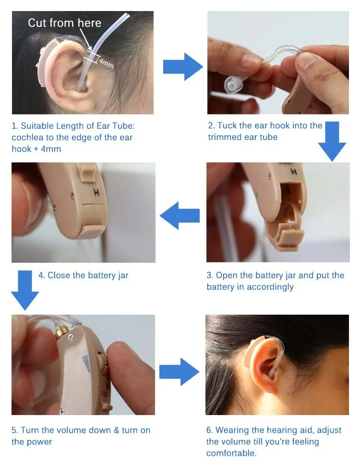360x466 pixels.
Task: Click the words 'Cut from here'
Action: (65, 23)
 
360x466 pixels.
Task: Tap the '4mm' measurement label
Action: (106, 62)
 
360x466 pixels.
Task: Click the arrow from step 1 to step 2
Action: (183, 67)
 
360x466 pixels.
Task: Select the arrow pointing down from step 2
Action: (332, 141)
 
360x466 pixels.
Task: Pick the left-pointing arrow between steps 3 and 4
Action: (180, 216)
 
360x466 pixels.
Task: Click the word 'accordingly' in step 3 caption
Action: (270, 287)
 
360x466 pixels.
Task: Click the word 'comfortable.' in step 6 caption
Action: (231, 454)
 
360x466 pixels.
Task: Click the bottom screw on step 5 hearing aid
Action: (62, 411)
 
